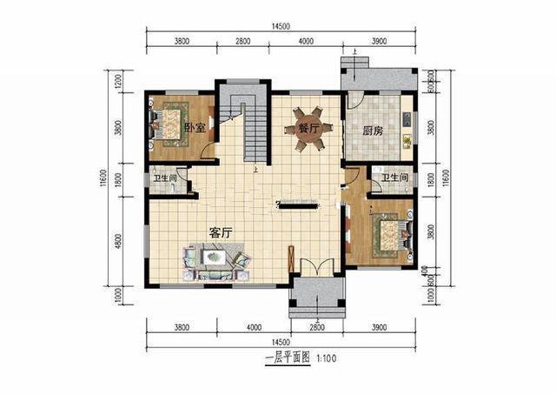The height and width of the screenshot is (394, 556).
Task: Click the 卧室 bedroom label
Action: click(195, 129)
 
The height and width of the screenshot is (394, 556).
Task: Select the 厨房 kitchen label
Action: click(374, 131)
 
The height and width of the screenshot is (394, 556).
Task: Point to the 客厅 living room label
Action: click(222, 232)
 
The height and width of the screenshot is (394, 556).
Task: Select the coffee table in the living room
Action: click(214, 258)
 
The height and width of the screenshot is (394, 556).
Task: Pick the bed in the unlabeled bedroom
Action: click(385, 235)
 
